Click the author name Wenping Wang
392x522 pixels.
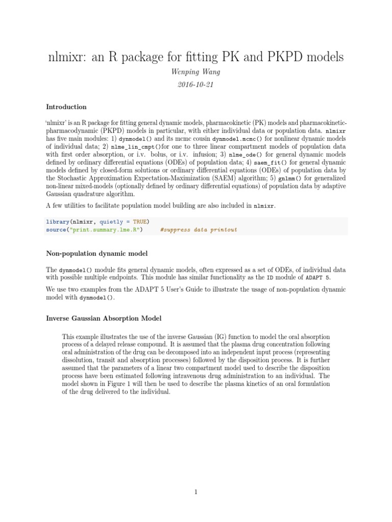pos(196,72)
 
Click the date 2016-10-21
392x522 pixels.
pos(196,85)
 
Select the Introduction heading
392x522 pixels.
pos(66,107)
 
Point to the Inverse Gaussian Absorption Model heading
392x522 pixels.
pos(104,319)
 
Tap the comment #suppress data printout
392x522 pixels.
pos(199,229)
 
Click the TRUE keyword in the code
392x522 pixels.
pos(139,222)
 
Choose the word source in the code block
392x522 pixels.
pos(56,229)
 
